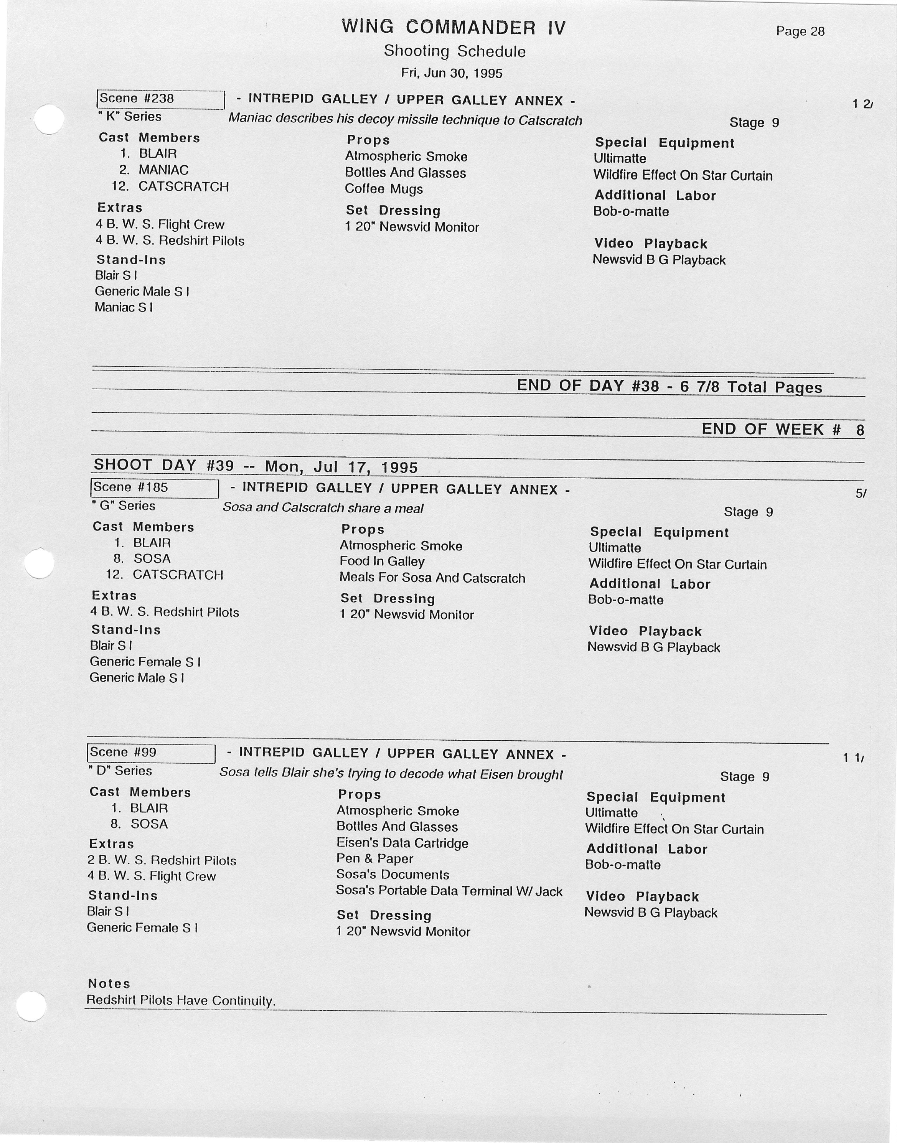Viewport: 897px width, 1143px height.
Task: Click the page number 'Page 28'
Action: (x=800, y=31)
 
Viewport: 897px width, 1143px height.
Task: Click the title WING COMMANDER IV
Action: (x=454, y=27)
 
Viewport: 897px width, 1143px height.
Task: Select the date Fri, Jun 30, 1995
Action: (x=452, y=73)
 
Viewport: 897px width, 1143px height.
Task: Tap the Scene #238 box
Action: (x=161, y=99)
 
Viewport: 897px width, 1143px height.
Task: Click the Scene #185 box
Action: (x=154, y=488)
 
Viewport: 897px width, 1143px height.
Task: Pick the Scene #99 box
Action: (x=151, y=753)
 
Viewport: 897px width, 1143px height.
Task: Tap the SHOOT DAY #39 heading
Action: (x=255, y=466)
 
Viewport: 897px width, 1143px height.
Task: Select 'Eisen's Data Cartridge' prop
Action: (x=402, y=843)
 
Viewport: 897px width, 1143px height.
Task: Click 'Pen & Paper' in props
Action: (x=374, y=859)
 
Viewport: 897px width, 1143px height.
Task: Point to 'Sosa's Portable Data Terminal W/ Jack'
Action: (x=449, y=891)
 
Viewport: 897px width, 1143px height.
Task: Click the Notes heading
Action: (x=109, y=983)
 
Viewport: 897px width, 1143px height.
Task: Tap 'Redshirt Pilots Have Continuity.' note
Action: (x=181, y=1000)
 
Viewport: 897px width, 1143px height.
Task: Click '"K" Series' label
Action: (x=129, y=117)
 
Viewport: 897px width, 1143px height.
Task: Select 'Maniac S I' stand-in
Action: (x=124, y=307)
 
